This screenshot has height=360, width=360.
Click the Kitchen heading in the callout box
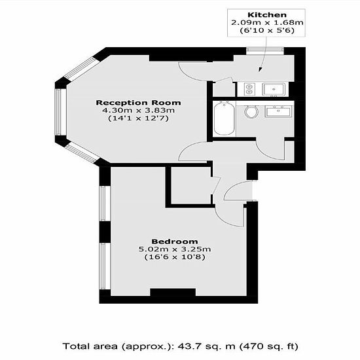(x=267, y=15)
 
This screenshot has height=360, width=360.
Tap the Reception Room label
(x=139, y=103)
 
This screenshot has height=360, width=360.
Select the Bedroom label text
(x=175, y=242)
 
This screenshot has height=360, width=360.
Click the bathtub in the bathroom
(x=224, y=119)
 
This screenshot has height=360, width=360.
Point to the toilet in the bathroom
(x=251, y=112)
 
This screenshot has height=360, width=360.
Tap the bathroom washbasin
(x=278, y=111)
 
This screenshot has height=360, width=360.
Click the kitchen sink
(x=274, y=89)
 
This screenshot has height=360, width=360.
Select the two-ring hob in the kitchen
(x=249, y=89)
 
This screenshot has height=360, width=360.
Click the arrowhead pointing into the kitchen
(x=261, y=69)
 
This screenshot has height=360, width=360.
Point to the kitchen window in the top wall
(x=265, y=51)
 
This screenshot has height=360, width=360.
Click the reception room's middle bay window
(x=58, y=112)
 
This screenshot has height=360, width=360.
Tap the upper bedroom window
(x=102, y=204)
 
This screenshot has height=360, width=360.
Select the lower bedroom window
(x=102, y=266)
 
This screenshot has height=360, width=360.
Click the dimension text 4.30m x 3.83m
(x=139, y=111)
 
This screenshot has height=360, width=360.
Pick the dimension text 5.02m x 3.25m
(x=175, y=249)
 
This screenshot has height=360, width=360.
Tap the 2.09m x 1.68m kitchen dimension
(x=267, y=23)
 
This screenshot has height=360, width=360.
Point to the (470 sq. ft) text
(x=269, y=346)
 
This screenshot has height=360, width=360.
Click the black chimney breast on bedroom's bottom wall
(x=173, y=293)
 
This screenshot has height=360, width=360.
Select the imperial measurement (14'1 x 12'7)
(x=139, y=118)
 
